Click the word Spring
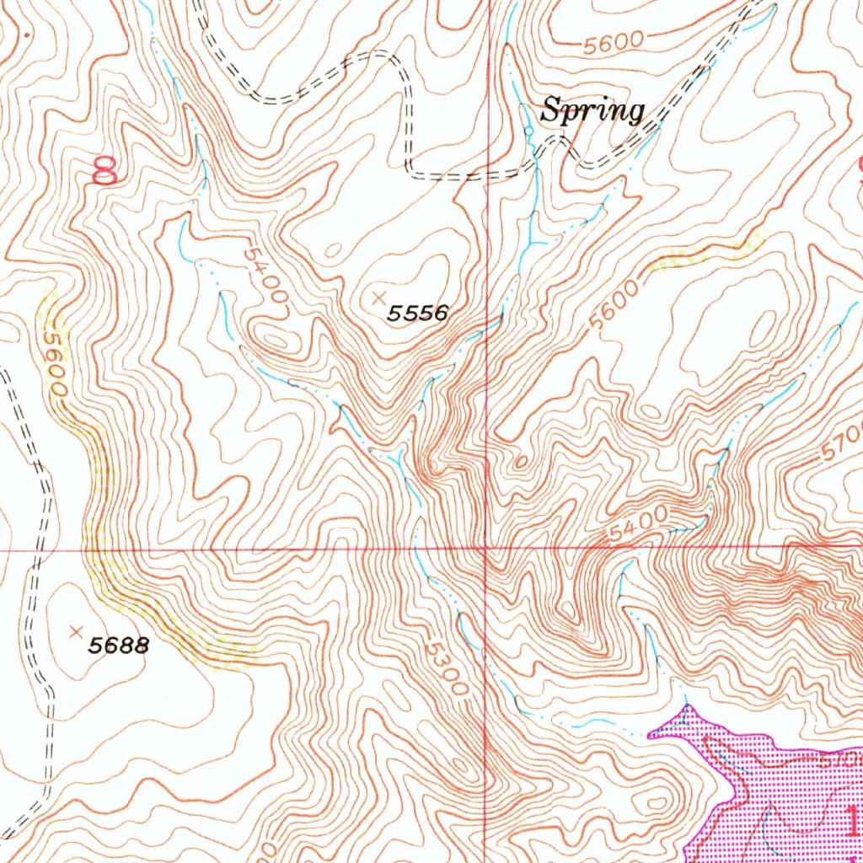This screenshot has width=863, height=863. click(x=592, y=110)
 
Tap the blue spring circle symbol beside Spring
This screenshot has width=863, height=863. click(x=528, y=131)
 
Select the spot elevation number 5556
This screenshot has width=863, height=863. click(x=417, y=314)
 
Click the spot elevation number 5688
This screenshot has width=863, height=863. click(x=120, y=646)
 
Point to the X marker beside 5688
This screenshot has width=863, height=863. click(x=77, y=630)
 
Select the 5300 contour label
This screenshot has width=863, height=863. click(x=445, y=670)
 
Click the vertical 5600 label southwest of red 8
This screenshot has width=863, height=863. click(x=56, y=362)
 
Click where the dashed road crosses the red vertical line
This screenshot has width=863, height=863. click(x=490, y=176)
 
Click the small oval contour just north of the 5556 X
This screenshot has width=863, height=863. click(x=334, y=250)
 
